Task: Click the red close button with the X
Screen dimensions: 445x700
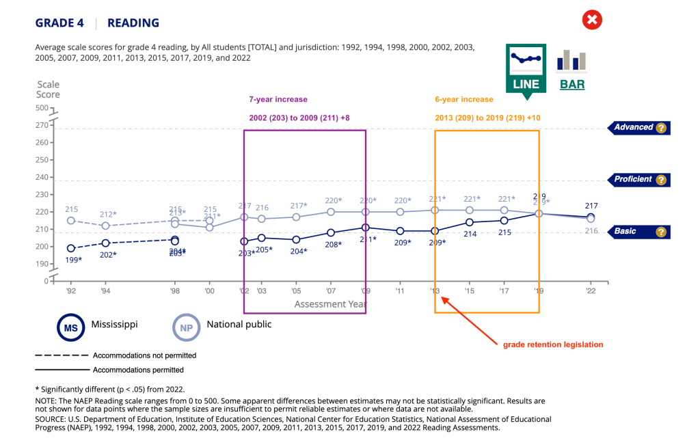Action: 592,20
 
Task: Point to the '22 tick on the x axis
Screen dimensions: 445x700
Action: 591,291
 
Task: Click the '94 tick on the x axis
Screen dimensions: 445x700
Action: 105,291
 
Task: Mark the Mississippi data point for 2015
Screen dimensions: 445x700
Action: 469,222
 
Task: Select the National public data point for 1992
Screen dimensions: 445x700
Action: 71,221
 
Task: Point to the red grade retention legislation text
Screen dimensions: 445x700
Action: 553,345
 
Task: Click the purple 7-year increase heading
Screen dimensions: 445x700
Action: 278,100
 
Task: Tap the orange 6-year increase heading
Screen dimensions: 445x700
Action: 463,100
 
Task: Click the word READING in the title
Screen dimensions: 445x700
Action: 133,23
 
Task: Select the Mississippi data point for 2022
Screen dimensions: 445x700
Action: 591,217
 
